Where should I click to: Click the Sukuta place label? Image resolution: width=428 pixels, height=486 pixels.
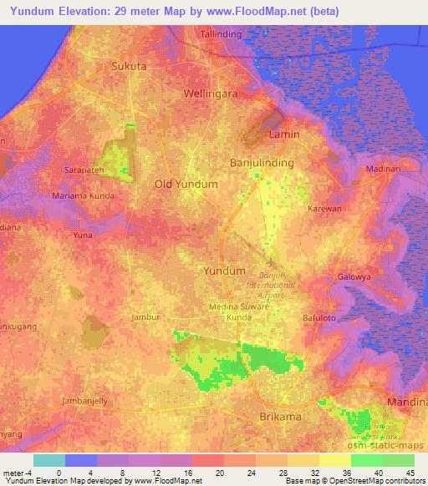(x=129, y=65)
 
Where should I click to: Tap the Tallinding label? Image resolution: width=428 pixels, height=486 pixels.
(x=222, y=34)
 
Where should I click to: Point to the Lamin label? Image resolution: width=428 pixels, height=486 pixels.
(x=283, y=134)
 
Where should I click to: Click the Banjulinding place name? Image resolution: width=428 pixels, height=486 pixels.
(x=261, y=163)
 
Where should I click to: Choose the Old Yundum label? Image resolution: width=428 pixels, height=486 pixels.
(x=186, y=184)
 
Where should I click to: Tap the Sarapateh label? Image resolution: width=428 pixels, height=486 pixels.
(x=84, y=170)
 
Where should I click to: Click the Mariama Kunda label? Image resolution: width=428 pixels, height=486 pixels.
(x=84, y=195)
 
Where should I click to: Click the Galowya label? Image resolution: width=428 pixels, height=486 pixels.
(x=354, y=277)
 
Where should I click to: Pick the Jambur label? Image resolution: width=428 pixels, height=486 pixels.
(x=145, y=317)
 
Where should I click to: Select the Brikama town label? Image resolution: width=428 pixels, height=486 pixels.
(x=278, y=415)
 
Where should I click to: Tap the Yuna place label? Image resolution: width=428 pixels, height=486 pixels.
(x=83, y=236)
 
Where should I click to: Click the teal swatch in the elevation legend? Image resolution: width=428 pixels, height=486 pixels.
(x=49, y=460)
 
